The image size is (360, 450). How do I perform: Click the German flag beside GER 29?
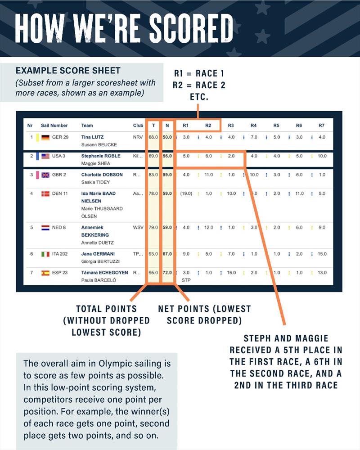pos(45,137)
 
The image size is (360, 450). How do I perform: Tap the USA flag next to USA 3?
pos(45,156)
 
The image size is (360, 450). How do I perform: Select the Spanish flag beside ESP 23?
pos(45,273)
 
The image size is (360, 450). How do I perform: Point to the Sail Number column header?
pos(54,126)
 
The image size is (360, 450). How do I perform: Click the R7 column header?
pos(321,126)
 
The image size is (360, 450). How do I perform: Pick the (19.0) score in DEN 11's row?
pos(186,193)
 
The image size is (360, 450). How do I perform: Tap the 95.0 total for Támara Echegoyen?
pos(153,273)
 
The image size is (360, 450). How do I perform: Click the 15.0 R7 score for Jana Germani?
pos(322,254)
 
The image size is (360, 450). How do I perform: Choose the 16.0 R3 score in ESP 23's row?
pos(231,273)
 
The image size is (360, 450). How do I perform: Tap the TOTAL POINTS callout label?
pos(107,309)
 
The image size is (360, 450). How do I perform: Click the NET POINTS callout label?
pos(204,309)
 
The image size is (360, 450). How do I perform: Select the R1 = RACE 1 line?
pos(199,73)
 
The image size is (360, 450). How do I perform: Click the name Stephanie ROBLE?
pos(99,156)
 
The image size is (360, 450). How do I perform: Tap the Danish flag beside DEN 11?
pos(45,193)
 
